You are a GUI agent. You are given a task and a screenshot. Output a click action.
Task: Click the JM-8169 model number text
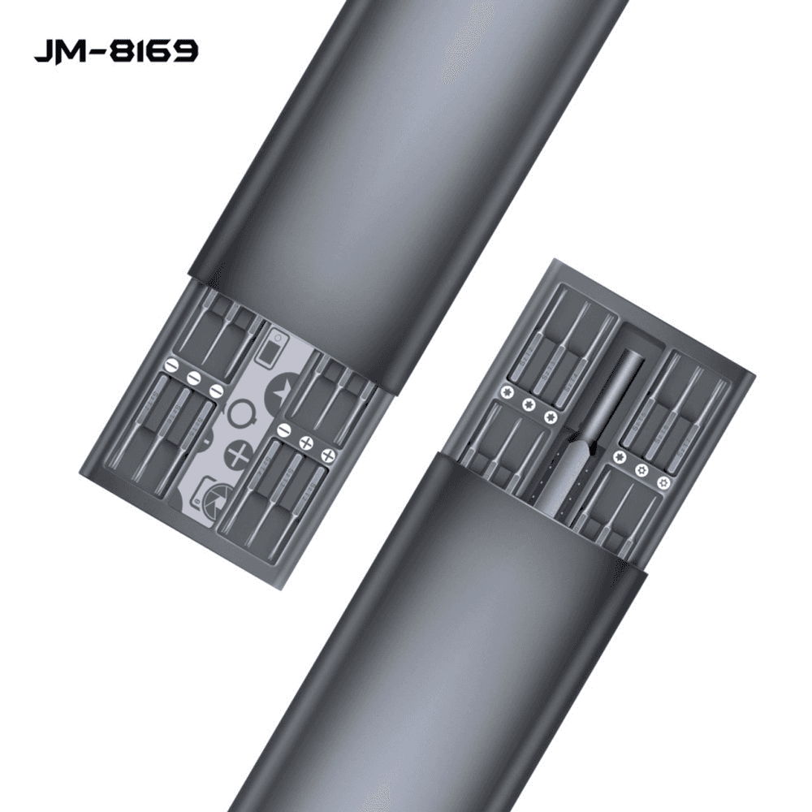[115, 52]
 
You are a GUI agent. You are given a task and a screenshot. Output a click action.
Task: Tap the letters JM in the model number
[55, 52]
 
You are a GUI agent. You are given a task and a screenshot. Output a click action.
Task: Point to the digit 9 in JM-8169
[184, 52]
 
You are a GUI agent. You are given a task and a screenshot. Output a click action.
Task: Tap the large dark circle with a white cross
[239, 454]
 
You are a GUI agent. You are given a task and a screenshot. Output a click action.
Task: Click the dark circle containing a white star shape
[280, 390]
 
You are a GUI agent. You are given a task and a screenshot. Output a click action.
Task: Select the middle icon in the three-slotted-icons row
[193, 378]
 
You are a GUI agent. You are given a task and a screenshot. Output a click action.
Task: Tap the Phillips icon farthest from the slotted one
[329, 456]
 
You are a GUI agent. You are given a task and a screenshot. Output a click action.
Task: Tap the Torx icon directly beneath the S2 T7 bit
[663, 482]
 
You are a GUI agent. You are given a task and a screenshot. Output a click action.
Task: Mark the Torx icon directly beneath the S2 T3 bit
[529, 404]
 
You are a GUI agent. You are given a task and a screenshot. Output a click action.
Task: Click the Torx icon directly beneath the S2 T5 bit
[620, 457]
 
